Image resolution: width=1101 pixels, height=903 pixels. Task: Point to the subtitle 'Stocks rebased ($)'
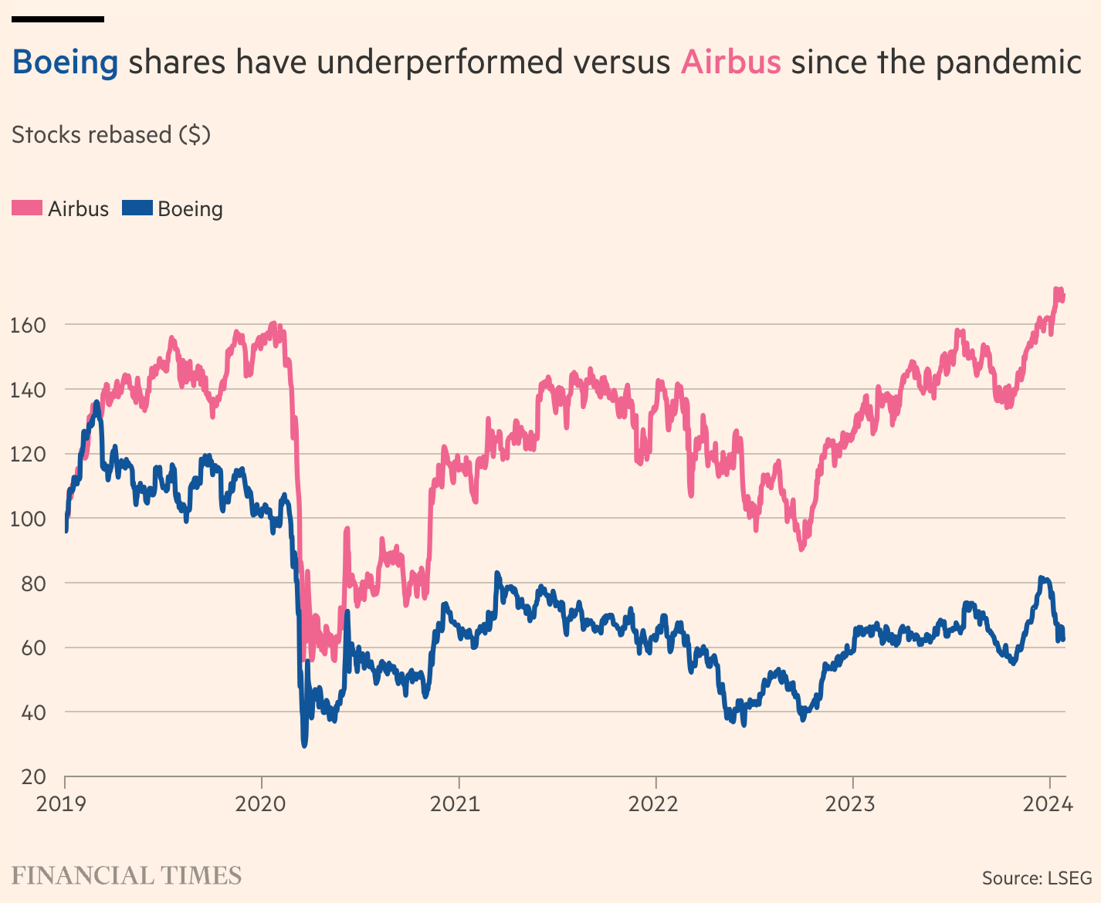[111, 135]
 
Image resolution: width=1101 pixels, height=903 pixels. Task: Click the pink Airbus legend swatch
[27, 208]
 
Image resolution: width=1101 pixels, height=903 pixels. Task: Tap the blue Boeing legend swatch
[137, 208]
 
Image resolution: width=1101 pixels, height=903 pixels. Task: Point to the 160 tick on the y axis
[28, 325]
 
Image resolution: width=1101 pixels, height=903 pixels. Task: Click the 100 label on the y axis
[28, 519]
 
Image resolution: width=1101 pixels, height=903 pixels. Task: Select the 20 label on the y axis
[33, 776]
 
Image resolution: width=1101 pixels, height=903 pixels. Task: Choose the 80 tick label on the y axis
[33, 583]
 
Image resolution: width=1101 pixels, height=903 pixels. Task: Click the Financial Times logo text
[127, 876]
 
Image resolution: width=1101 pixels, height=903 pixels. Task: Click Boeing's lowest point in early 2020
[304, 744]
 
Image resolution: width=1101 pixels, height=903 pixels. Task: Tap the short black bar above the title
[57, 19]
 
